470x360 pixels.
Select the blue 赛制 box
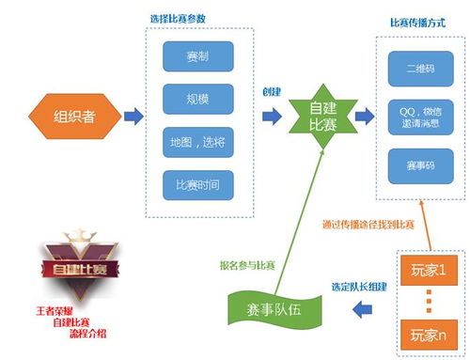[x=198, y=56]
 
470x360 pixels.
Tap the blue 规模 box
[x=198, y=98]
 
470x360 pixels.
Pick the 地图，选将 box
[x=198, y=141]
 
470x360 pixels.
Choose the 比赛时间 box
[x=198, y=183]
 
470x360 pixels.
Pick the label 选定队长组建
[x=360, y=286]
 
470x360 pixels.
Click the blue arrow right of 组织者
[x=133, y=117]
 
